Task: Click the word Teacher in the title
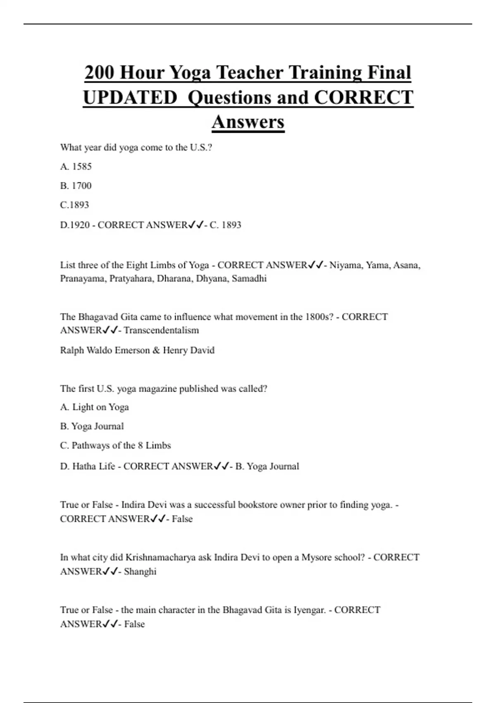point(250,73)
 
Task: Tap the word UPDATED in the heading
point(130,98)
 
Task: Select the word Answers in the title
point(248,122)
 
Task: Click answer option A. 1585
point(76,167)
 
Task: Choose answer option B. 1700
point(76,186)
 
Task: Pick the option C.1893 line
point(74,205)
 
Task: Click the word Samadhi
point(249,279)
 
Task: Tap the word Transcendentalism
point(161,330)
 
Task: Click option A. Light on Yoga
point(95,407)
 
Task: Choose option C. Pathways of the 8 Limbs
point(115,446)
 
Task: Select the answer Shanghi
point(140,572)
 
